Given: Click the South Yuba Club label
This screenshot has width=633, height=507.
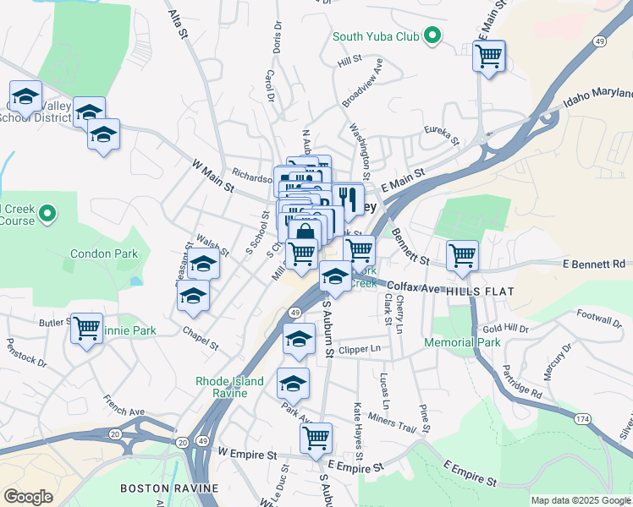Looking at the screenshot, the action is pyautogui.click(x=376, y=36).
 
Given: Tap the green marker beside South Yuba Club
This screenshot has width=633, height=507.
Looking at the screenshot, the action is pyautogui.click(x=432, y=35).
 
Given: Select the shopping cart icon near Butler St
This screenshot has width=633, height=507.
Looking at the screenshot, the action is pyautogui.click(x=87, y=328).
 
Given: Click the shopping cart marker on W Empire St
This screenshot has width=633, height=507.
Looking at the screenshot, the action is pyautogui.click(x=316, y=438).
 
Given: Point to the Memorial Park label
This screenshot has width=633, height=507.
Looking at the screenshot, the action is pyautogui.click(x=462, y=342).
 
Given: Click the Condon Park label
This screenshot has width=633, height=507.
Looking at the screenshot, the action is pyautogui.click(x=103, y=253).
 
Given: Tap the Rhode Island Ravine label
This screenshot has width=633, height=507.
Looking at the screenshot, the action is pyautogui.click(x=229, y=387).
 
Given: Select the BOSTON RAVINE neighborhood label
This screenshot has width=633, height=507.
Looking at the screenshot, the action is pyautogui.click(x=169, y=488).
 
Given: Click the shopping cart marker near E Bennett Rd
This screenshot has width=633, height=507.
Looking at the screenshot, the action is pyautogui.click(x=462, y=254).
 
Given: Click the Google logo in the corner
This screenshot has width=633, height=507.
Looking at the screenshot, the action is pyautogui.click(x=28, y=497).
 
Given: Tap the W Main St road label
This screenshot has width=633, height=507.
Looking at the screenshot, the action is pyautogui.click(x=212, y=176).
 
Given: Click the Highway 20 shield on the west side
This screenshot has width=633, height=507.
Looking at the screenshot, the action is pyautogui.click(x=115, y=433).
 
